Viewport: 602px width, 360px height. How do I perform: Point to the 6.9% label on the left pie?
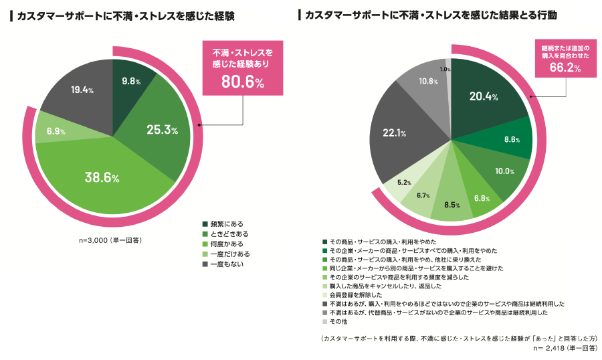click(56, 132)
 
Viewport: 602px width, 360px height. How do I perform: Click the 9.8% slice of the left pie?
click(132, 81)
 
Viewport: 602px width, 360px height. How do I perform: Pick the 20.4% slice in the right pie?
click(484, 96)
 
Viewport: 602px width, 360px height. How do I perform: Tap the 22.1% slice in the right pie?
click(395, 132)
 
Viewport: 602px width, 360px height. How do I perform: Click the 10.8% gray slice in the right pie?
click(428, 81)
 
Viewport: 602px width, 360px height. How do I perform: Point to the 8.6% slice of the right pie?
click(512, 139)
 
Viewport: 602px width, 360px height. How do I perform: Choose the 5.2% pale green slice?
click(404, 182)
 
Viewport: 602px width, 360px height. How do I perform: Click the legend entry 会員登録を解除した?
click(352, 294)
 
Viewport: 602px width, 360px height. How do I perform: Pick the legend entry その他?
click(337, 321)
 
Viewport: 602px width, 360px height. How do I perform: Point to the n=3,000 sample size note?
click(110, 240)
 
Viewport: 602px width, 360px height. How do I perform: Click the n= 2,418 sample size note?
click(565, 349)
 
